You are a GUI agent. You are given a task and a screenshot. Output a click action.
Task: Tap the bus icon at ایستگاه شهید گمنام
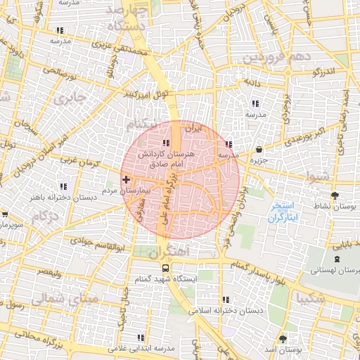[x=165, y=268]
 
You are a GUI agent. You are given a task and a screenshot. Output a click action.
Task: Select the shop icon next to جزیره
[x=259, y=150]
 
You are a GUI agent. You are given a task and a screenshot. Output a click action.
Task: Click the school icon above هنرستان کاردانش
[x=166, y=124]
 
